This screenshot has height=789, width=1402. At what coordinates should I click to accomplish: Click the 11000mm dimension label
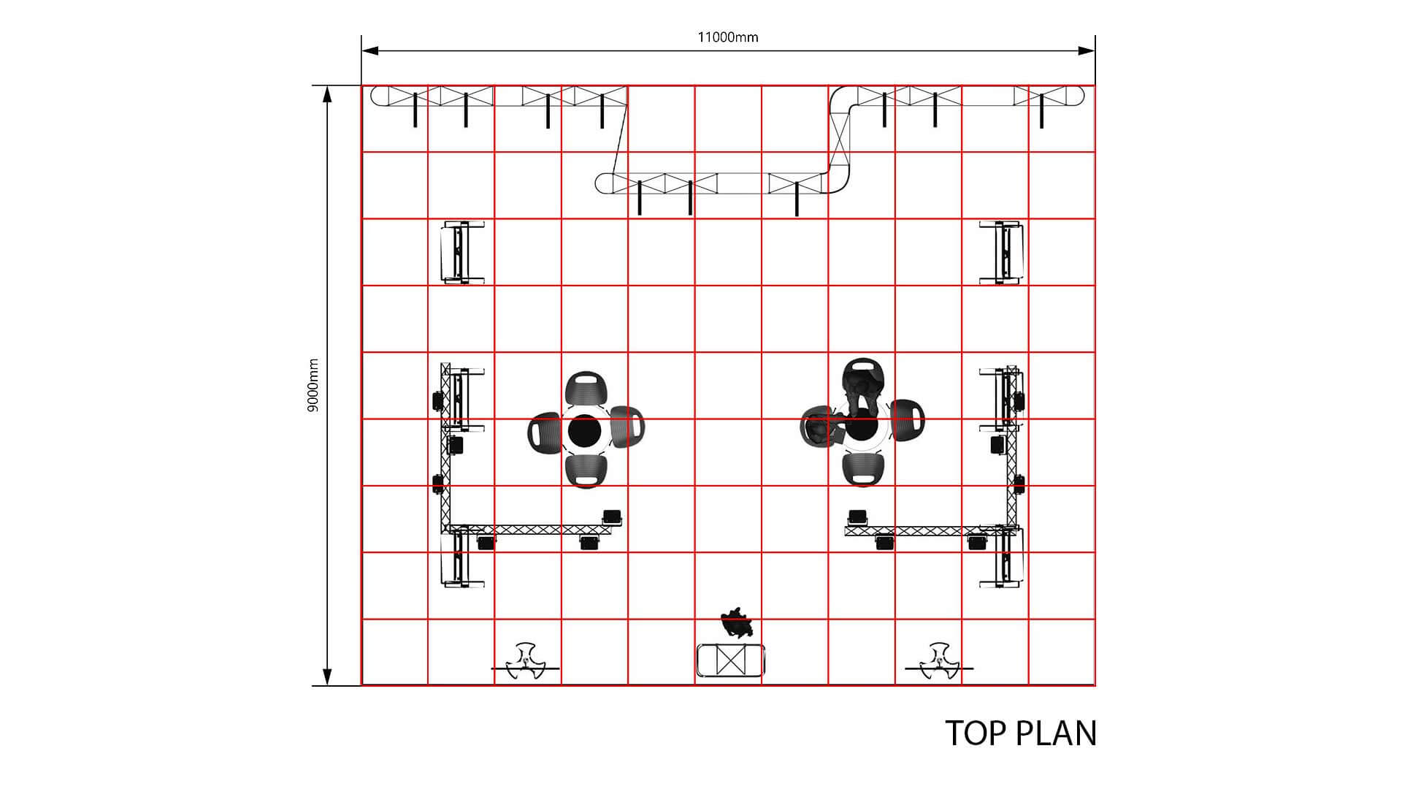[728, 37]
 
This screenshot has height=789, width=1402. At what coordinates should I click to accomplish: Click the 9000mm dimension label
[313, 386]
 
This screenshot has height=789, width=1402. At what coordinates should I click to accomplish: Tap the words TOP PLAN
[1021, 733]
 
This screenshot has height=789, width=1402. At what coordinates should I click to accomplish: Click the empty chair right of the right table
[908, 421]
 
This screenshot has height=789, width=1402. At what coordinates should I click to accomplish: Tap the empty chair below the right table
[864, 469]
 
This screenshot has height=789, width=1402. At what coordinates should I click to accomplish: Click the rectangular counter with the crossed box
[730, 660]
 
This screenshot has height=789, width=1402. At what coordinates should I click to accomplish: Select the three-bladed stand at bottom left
[526, 662]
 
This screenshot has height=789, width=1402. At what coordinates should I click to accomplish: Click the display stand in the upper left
[462, 251]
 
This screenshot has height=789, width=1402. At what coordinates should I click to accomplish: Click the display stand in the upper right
[1002, 251]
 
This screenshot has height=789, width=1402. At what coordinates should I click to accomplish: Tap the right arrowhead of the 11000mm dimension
[1087, 50]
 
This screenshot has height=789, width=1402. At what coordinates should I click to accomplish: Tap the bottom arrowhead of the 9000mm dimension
[328, 677]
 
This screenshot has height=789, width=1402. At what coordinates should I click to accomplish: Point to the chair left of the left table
[544, 432]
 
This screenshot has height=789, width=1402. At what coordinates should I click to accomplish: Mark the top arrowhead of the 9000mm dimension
[328, 95]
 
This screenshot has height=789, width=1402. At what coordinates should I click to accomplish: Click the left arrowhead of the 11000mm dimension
[371, 50]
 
